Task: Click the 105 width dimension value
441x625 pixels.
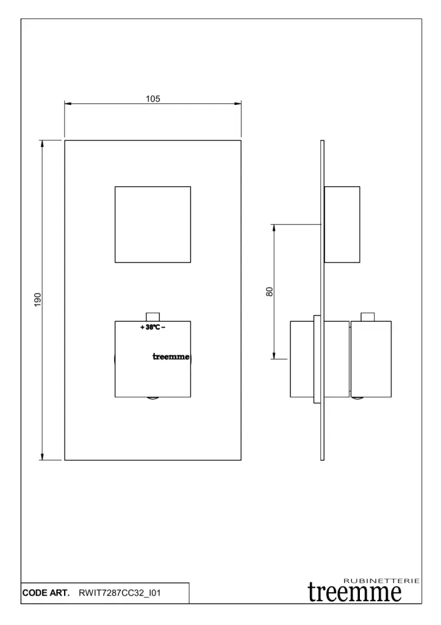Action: (153, 98)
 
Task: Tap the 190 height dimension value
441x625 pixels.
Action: (38, 300)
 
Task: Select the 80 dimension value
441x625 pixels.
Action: (270, 292)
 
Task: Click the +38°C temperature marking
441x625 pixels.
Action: (152, 327)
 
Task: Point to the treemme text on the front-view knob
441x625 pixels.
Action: (171, 356)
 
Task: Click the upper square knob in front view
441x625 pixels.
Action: (152, 225)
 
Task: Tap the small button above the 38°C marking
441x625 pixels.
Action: (153, 317)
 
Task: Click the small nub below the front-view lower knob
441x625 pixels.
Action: (152, 399)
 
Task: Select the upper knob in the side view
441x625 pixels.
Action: (342, 225)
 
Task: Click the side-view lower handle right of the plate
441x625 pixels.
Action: (371, 359)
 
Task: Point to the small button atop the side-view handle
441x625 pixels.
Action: (368, 317)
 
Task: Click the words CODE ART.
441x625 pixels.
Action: (46, 593)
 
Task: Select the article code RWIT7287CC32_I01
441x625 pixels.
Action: (120, 593)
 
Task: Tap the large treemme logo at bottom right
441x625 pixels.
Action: (354, 593)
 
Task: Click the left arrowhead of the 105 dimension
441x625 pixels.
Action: (68, 104)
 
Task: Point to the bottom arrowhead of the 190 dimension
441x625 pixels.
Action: (42, 457)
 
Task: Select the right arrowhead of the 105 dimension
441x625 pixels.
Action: (238, 104)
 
